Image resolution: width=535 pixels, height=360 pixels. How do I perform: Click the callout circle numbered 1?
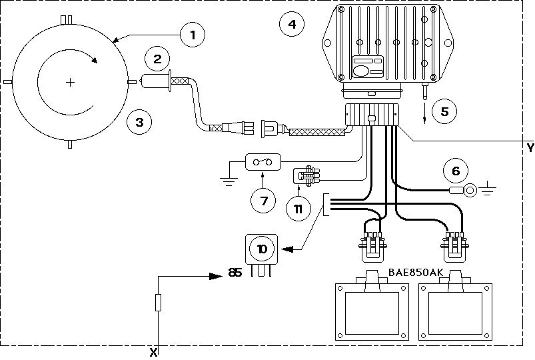193,35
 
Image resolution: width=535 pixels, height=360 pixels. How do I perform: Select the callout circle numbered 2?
157,59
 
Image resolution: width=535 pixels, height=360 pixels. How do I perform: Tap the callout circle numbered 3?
139,122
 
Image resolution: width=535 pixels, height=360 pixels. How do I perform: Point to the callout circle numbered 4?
292,24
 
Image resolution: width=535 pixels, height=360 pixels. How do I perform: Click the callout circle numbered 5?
444,111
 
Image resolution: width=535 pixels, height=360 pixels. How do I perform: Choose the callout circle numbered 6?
456,171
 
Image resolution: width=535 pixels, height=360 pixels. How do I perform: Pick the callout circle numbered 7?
263,201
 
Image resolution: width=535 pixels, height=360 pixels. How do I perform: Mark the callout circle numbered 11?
298,209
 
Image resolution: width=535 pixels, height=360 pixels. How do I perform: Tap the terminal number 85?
235,273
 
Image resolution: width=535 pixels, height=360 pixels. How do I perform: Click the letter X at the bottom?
153,352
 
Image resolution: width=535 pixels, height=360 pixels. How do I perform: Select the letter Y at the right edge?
530,148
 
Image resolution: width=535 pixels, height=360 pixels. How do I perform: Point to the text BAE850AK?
416,272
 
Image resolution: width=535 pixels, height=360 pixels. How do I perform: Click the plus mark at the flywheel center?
70,82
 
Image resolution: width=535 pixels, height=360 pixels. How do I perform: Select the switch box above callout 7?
263,162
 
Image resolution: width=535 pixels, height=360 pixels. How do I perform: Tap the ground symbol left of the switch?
229,181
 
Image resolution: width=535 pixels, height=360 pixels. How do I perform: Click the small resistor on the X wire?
158,303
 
